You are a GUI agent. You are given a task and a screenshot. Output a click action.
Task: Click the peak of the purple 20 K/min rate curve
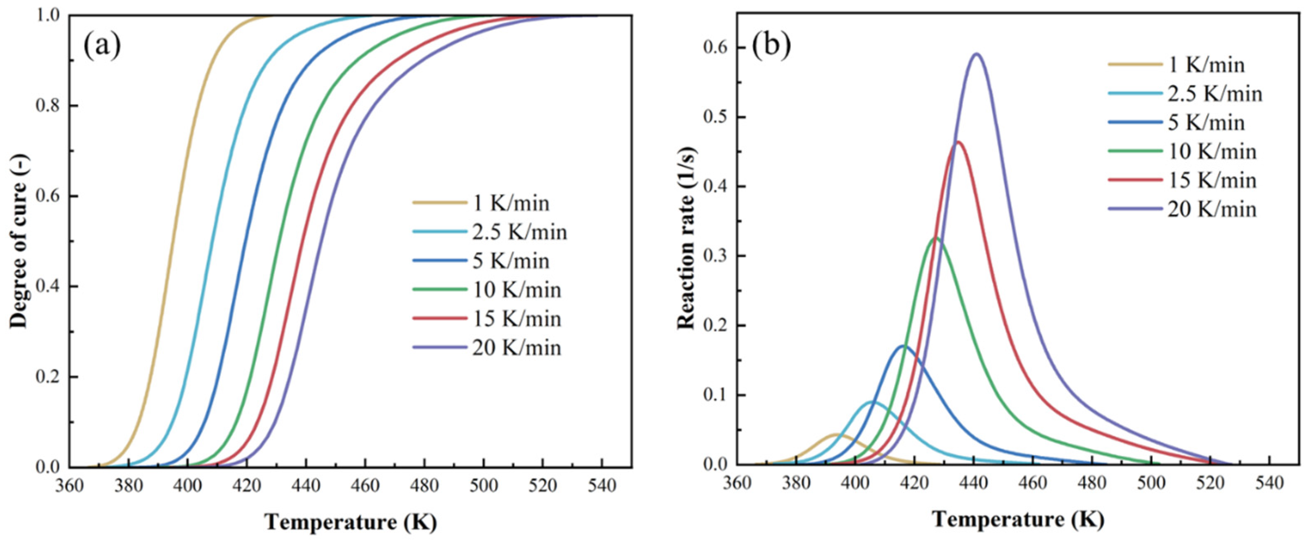[976, 68]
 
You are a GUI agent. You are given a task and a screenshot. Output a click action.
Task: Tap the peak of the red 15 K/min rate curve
[958, 142]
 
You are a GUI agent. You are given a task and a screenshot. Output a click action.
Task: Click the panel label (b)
[772, 46]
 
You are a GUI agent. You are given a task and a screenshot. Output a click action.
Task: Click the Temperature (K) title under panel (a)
[351, 522]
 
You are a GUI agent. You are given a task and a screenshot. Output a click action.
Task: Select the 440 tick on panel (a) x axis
[305, 485]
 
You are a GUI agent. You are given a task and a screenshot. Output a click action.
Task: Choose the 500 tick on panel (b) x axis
[1150, 483]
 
